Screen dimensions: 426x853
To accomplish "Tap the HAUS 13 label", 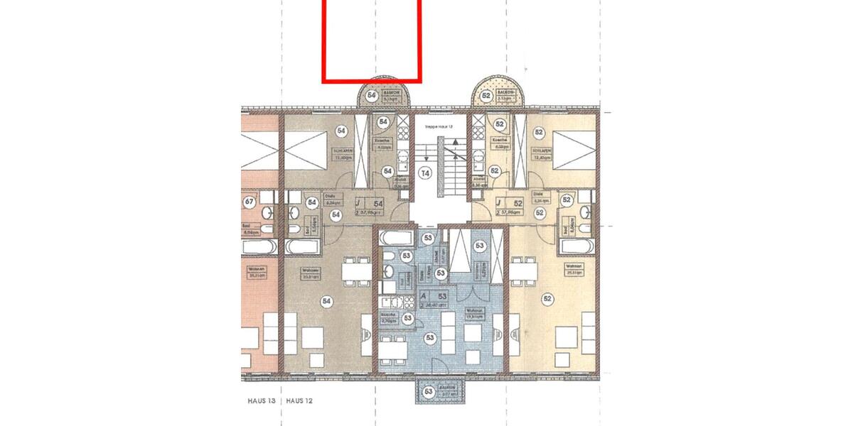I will point(257,401).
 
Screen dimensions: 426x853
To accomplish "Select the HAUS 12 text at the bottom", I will point(299,401).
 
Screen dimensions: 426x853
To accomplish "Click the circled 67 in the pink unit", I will point(249,202).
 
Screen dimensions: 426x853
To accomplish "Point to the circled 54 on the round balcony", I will point(371,95).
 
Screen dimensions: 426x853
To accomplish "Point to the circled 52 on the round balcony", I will point(487,95).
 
